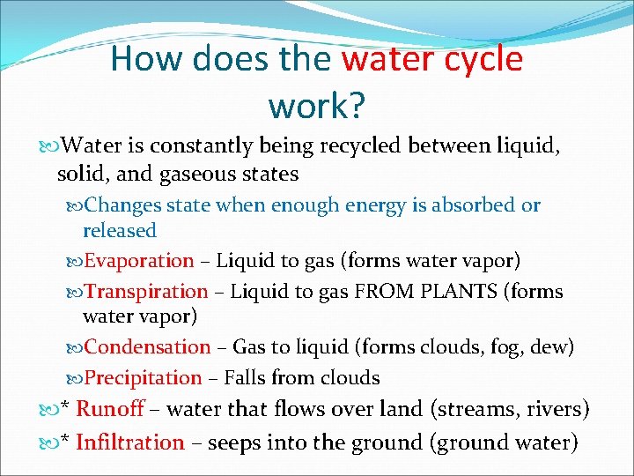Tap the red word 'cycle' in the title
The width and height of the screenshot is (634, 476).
[484, 60]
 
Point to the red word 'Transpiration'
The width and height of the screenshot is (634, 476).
[146, 292]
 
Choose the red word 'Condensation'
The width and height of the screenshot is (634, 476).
[147, 347]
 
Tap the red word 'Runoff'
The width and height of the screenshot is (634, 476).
[109, 409]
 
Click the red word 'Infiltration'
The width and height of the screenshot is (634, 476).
[130, 442]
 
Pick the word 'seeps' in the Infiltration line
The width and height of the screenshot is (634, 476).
[222, 442]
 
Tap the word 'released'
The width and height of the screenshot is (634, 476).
[119, 231]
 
